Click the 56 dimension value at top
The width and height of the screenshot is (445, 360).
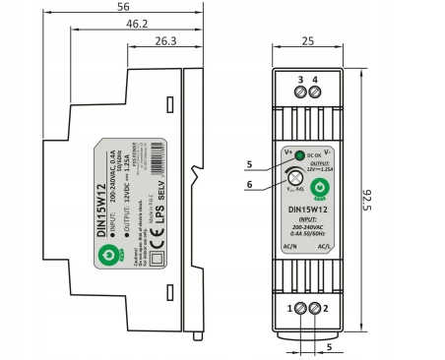(124, 7)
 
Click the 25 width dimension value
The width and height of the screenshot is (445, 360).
(307, 41)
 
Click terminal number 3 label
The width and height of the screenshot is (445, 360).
(300, 79)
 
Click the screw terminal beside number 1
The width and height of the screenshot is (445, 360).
(301, 309)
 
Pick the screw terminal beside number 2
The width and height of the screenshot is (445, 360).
(316, 309)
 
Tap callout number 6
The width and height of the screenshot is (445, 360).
(250, 183)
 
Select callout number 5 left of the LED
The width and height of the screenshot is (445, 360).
(250, 163)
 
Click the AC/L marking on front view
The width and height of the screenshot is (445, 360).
(327, 248)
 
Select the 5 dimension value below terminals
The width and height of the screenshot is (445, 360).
(329, 345)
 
